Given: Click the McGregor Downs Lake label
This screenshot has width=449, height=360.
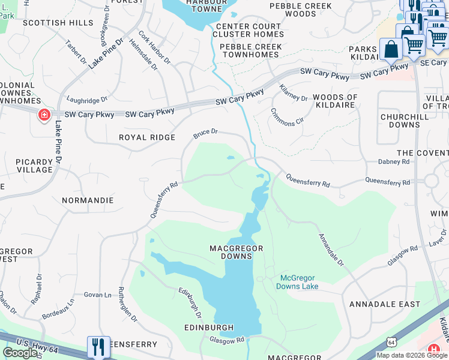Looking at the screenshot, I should coord(297,282).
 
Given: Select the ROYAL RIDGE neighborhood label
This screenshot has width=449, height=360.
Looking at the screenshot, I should coord(147,137).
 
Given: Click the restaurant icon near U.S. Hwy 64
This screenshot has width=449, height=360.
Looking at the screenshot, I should coord(98,347).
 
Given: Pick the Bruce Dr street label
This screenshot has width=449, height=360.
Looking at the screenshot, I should coord(205,133).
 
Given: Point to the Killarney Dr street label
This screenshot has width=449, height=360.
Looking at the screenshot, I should coord(294,93).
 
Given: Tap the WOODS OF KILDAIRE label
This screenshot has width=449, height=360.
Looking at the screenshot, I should coord(335,101).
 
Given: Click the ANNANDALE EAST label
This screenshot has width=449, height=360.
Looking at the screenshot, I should coord(385,304).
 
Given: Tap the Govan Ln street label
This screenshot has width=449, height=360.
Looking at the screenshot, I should coord(98,295).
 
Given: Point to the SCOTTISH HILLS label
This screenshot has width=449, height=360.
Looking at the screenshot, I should coord(58,23).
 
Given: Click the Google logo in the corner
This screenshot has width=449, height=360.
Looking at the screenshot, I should coord(20,353).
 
